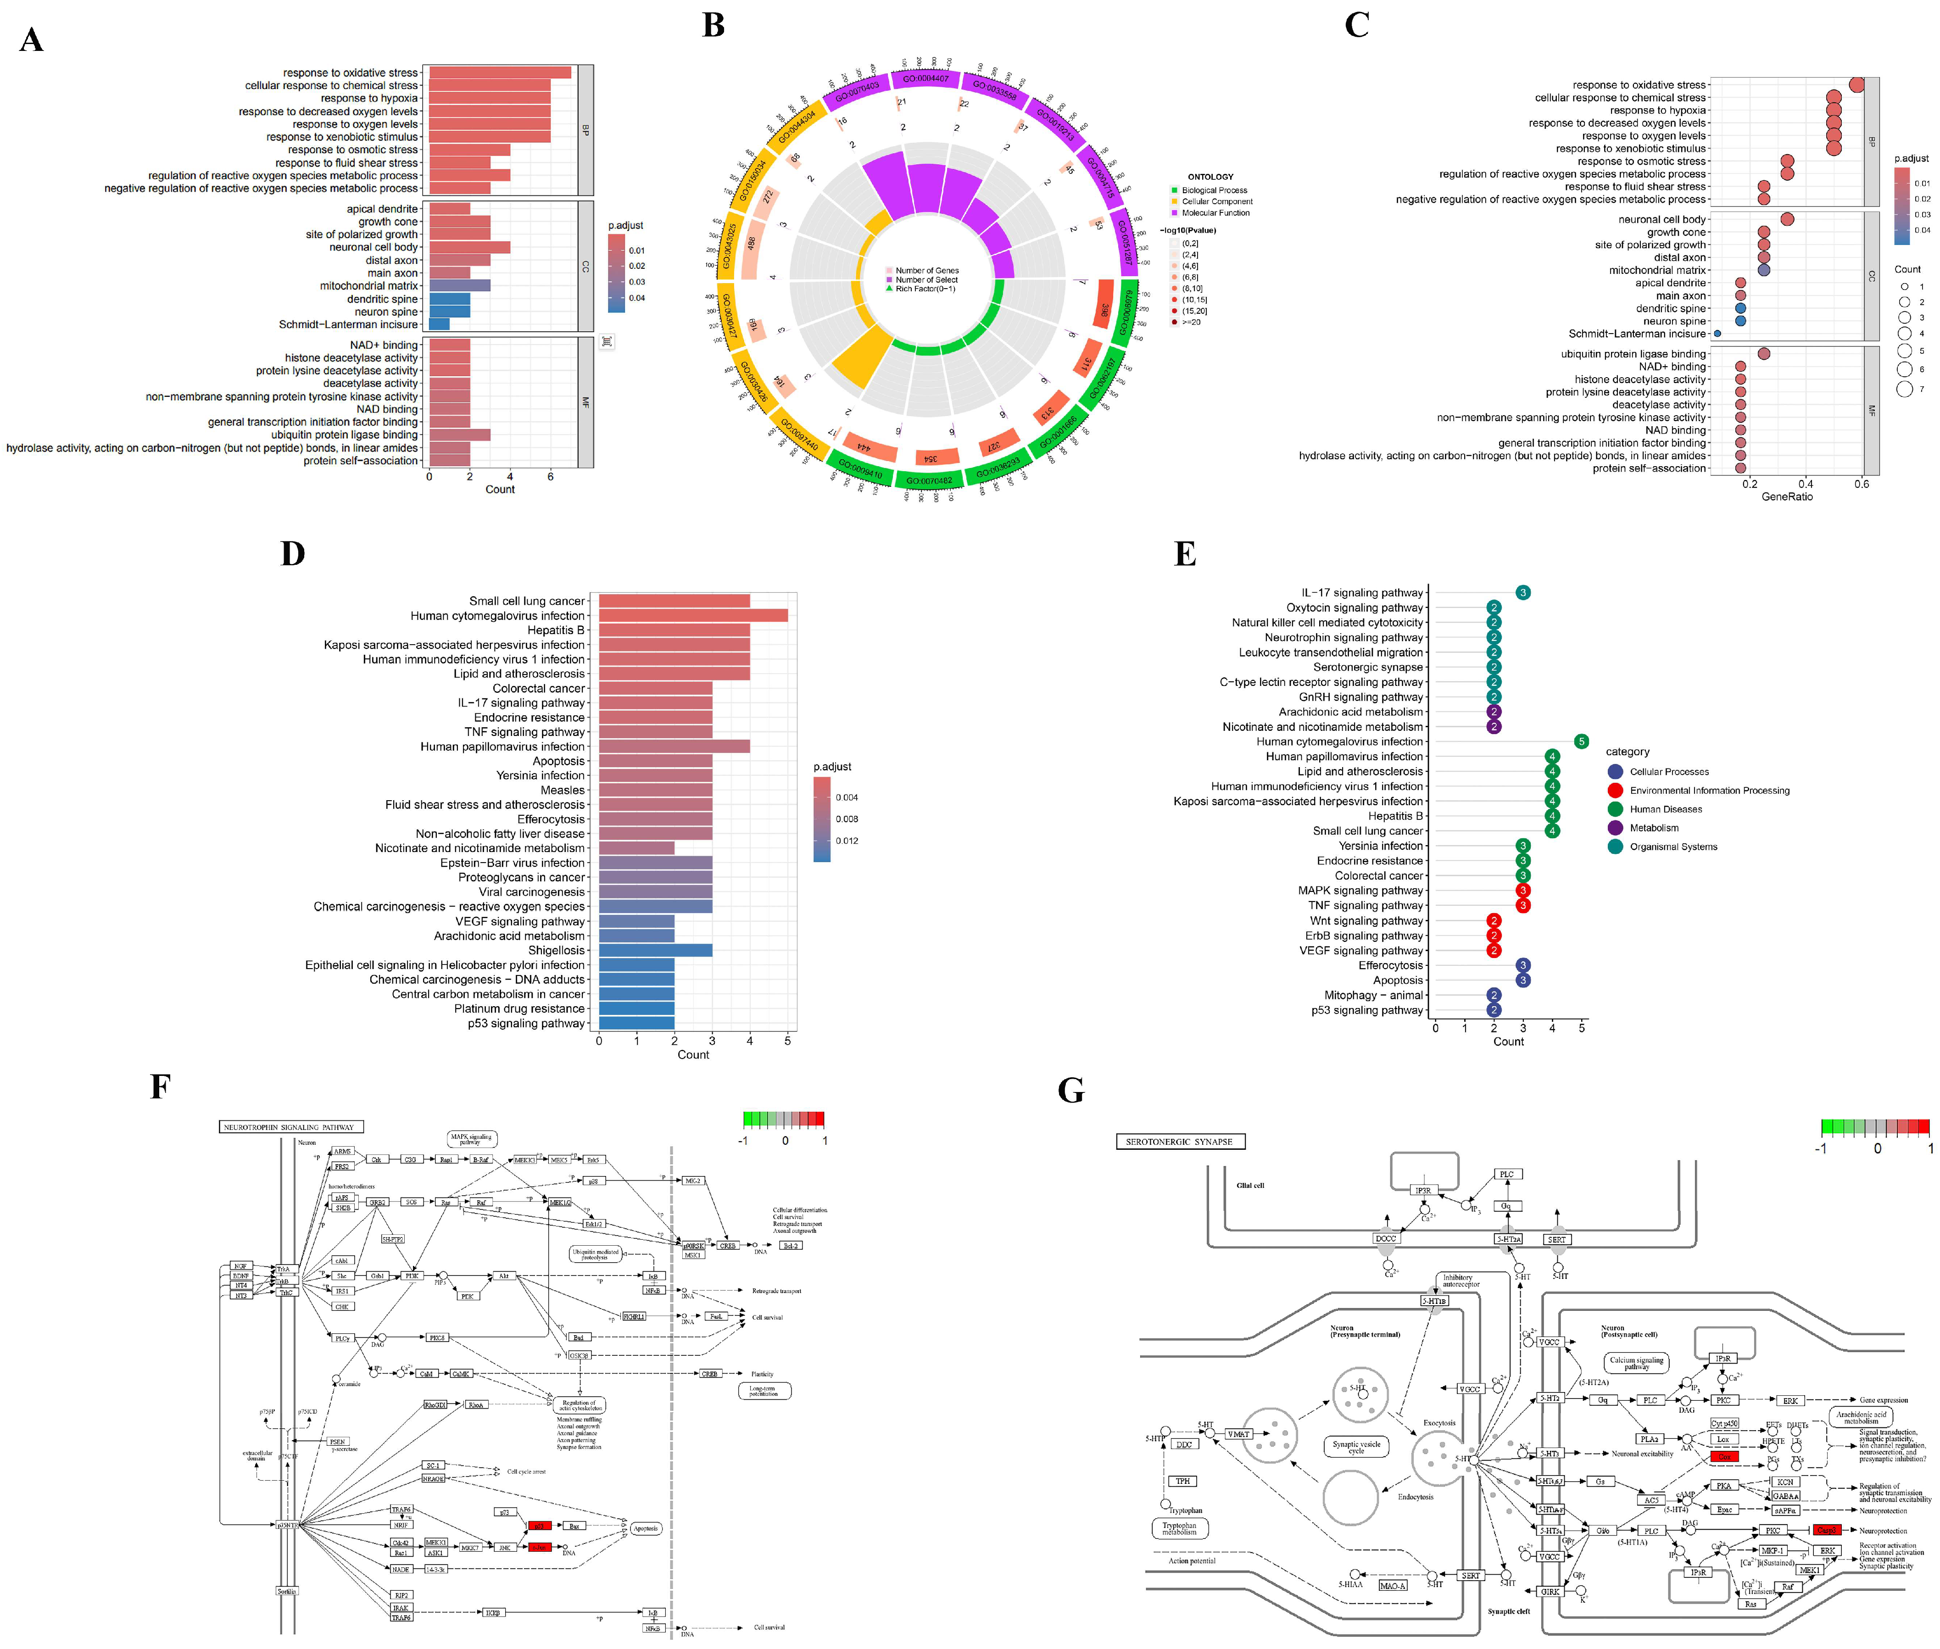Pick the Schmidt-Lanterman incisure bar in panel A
(439, 324)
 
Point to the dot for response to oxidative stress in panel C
(1856, 85)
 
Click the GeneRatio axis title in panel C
(1786, 496)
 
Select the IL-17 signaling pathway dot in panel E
(1522, 593)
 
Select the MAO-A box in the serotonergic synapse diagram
(1392, 1585)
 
